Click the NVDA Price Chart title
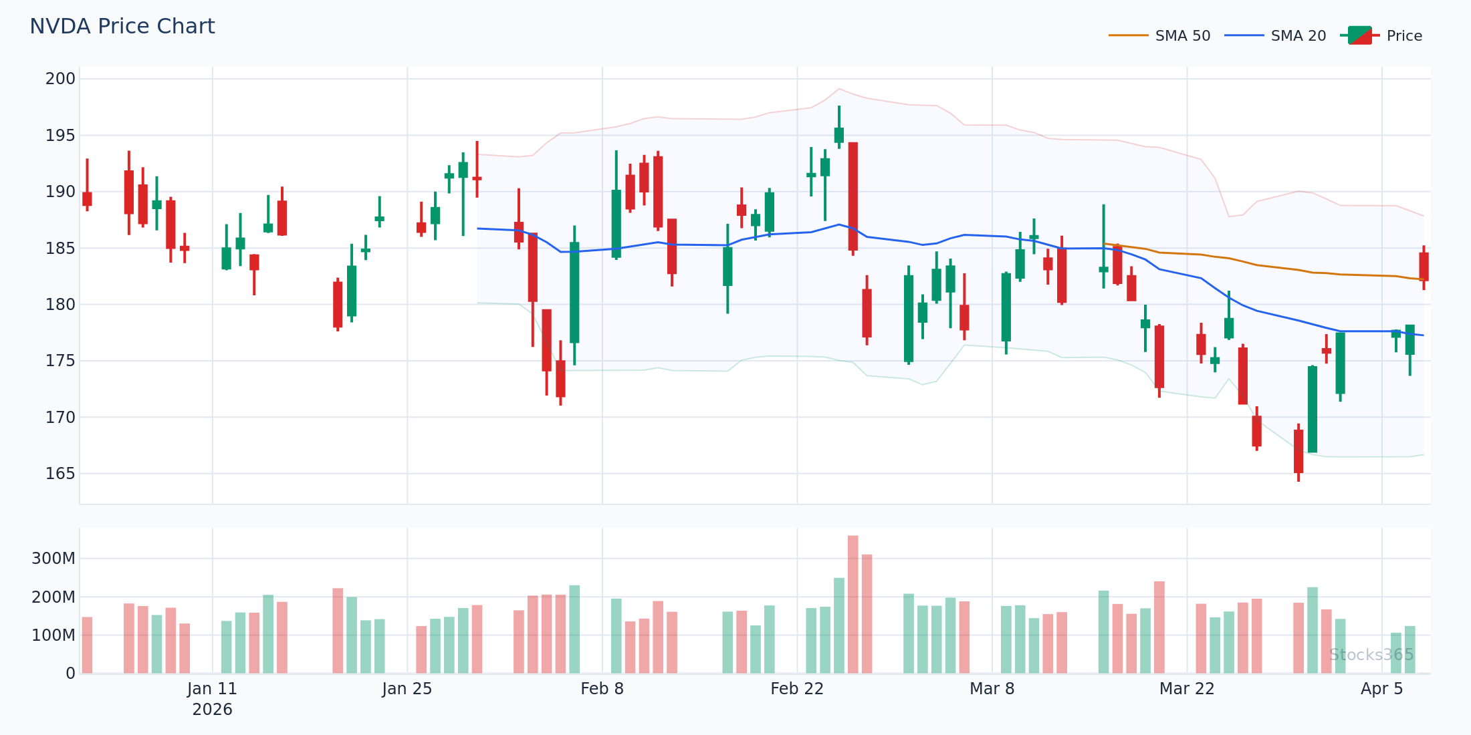[122, 27]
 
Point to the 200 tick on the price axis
[60, 79]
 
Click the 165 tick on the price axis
[60, 474]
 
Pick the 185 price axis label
[60, 249]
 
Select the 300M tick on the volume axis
[53, 559]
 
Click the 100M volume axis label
[53, 635]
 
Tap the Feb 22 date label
[797, 689]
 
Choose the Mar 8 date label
[992, 689]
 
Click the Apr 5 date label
[1382, 689]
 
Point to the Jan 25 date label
[407, 689]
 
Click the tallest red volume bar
[853, 604]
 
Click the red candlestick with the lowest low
[1298, 452]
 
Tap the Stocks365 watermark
[1371, 655]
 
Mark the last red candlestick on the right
[1424, 267]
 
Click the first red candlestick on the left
[87, 198]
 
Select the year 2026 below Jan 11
[213, 710]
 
